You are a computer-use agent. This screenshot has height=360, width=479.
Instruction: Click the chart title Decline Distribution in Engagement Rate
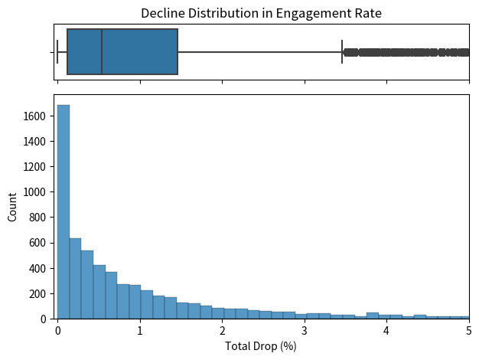point(261,13)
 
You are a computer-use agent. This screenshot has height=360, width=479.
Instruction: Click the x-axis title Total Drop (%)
point(261,346)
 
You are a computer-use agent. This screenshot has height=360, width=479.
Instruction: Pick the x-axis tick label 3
point(305,331)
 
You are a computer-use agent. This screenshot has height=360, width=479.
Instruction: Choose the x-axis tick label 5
point(469,331)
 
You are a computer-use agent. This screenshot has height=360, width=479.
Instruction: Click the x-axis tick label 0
point(57,331)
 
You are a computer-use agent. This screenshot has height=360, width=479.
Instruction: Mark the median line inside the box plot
point(102,52)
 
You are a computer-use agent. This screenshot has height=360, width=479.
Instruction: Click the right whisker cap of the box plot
point(342,52)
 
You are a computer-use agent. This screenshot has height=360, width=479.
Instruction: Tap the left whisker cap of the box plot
point(57,52)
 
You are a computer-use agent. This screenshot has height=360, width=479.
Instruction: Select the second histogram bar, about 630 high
point(75,279)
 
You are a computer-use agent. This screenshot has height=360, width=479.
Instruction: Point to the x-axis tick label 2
point(222,331)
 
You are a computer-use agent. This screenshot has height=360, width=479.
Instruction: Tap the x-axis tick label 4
point(387,331)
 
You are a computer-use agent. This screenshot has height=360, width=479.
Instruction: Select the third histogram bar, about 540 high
point(87,285)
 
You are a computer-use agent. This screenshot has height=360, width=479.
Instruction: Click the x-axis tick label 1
point(140,331)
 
